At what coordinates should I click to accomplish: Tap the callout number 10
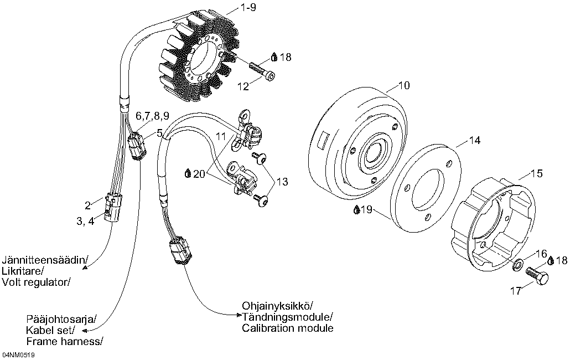pyautogui.click(x=404, y=85)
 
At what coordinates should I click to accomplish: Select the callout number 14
pyautogui.click(x=475, y=141)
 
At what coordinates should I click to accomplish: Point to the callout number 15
pyautogui.click(x=536, y=173)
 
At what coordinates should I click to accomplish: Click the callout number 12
pyautogui.click(x=244, y=86)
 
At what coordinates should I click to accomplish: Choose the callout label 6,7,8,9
pyautogui.click(x=152, y=116)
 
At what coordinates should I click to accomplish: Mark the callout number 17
pyautogui.click(x=516, y=290)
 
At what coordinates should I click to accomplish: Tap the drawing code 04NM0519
pyautogui.click(x=18, y=354)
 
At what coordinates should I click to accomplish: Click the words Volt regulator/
pyautogui.click(x=37, y=282)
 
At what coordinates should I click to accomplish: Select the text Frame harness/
pyautogui.click(x=64, y=341)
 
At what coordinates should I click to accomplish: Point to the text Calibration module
pyautogui.click(x=288, y=328)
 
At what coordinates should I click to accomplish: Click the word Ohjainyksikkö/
pyautogui.click(x=277, y=306)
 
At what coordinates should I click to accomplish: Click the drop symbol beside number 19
pyautogui.click(x=356, y=210)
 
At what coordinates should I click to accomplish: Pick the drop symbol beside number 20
pyautogui.click(x=188, y=173)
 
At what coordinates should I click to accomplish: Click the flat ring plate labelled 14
pyautogui.click(x=426, y=186)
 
